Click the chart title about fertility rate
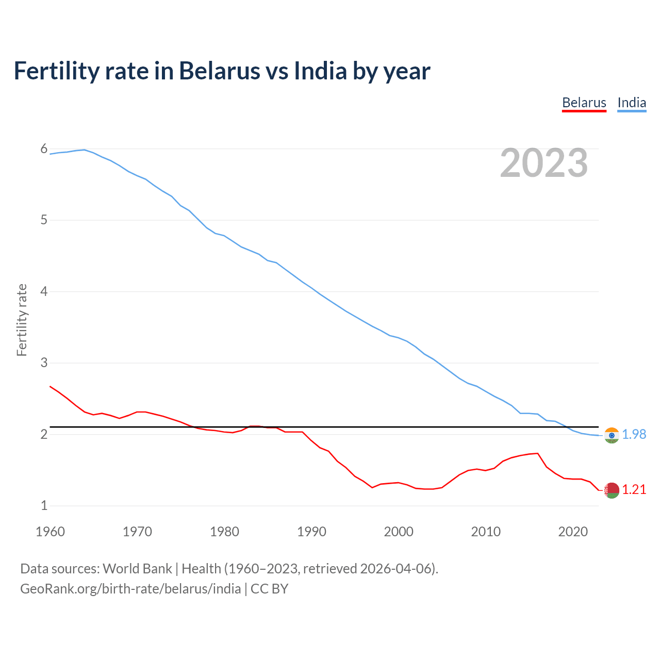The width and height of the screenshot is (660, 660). (x=222, y=71)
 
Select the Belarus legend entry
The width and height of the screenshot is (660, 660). (x=584, y=103)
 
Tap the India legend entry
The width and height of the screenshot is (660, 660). (x=632, y=103)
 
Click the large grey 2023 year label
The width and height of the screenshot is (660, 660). (x=543, y=163)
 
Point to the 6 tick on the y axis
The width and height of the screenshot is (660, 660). (x=44, y=149)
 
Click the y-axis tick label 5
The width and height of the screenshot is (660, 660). (x=44, y=220)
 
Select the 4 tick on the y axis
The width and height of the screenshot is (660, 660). (x=44, y=291)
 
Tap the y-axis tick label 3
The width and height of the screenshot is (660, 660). (x=44, y=362)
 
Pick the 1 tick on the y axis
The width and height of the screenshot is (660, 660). (x=44, y=505)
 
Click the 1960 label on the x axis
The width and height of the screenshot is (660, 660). (x=50, y=532)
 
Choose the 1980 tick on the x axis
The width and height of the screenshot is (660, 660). (x=224, y=532)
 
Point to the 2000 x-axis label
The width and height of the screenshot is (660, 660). (x=399, y=532)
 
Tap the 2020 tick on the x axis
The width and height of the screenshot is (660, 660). (x=573, y=532)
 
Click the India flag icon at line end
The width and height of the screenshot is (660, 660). (x=612, y=435)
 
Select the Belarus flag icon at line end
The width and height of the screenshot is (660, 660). (x=612, y=490)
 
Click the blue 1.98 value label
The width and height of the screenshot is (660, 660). (x=634, y=435)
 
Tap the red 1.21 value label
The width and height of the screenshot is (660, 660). (x=634, y=490)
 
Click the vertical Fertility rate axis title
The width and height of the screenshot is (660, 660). (x=22, y=320)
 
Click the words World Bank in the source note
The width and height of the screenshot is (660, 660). (x=137, y=569)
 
